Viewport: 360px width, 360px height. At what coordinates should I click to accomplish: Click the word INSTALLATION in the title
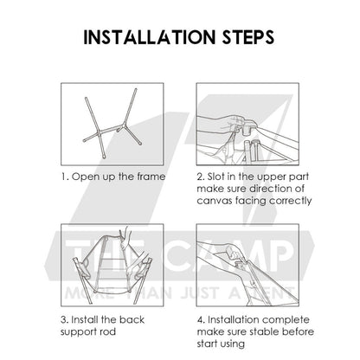[150, 37]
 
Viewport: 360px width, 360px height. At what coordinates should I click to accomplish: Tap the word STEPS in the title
[248, 37]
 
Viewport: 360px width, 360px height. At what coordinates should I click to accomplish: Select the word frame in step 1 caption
[151, 177]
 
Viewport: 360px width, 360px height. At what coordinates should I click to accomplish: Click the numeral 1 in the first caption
[63, 177]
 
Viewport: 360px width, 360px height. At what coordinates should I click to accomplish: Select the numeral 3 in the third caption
[64, 320]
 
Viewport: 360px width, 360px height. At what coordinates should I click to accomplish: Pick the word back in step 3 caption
[132, 320]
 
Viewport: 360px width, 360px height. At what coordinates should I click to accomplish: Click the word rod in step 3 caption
[108, 331]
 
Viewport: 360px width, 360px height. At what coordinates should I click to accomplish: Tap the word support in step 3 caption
[79, 332]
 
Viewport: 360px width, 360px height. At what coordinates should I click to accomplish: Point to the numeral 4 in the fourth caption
[201, 320]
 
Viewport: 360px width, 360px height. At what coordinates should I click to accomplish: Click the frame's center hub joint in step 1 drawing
[123, 126]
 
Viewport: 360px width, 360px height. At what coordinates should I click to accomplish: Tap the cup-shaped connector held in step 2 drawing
[247, 126]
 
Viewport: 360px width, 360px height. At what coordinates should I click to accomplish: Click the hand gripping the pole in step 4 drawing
[234, 252]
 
